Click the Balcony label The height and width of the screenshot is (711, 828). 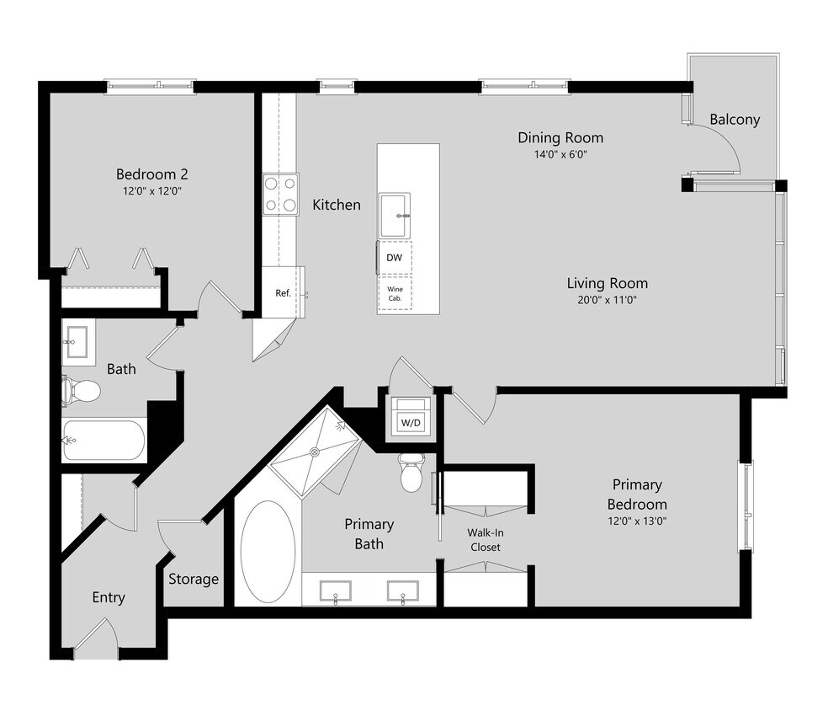(734, 120)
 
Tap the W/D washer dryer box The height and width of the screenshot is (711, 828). (410, 420)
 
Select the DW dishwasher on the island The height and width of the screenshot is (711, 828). (394, 259)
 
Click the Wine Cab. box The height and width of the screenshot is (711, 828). (394, 293)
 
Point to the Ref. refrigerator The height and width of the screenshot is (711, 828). (283, 293)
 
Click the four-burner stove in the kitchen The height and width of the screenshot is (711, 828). (280, 193)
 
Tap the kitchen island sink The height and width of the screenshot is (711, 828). (395, 215)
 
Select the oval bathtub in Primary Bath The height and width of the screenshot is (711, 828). (268, 552)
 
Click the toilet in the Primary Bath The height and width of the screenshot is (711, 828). (411, 475)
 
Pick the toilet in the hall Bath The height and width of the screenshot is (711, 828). (82, 390)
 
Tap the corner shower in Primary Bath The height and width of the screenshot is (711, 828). (313, 452)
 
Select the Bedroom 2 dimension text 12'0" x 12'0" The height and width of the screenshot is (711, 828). (151, 191)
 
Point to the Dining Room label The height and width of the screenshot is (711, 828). (560, 138)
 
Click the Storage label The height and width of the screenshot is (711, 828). (194, 579)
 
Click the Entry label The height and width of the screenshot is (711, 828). (109, 597)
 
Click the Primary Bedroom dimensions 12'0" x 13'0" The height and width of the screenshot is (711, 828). (636, 521)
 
